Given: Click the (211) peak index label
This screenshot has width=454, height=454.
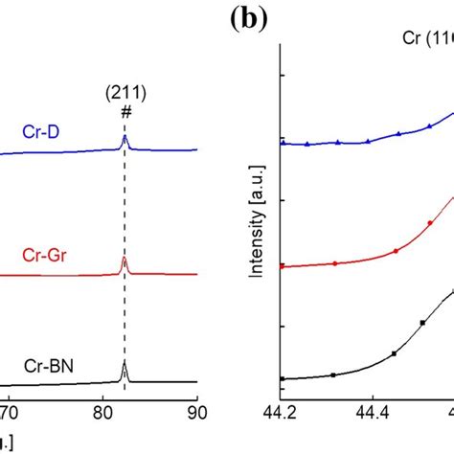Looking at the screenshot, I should pos(124,94).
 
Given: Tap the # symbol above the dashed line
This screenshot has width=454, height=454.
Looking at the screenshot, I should pos(125,112).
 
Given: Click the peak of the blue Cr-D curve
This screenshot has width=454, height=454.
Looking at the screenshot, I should pos(125,137).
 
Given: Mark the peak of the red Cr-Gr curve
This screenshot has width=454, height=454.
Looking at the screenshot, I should pos(125,258).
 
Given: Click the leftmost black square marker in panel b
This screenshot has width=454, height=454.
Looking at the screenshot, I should pos(282,379).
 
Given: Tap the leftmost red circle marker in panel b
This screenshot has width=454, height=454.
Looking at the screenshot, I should pos(282,265).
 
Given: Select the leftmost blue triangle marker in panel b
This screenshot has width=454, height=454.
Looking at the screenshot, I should pos(282,143).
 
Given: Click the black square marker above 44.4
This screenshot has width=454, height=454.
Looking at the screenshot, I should pos(394,354).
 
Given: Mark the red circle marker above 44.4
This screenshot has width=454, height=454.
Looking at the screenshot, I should pos(395,252).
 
